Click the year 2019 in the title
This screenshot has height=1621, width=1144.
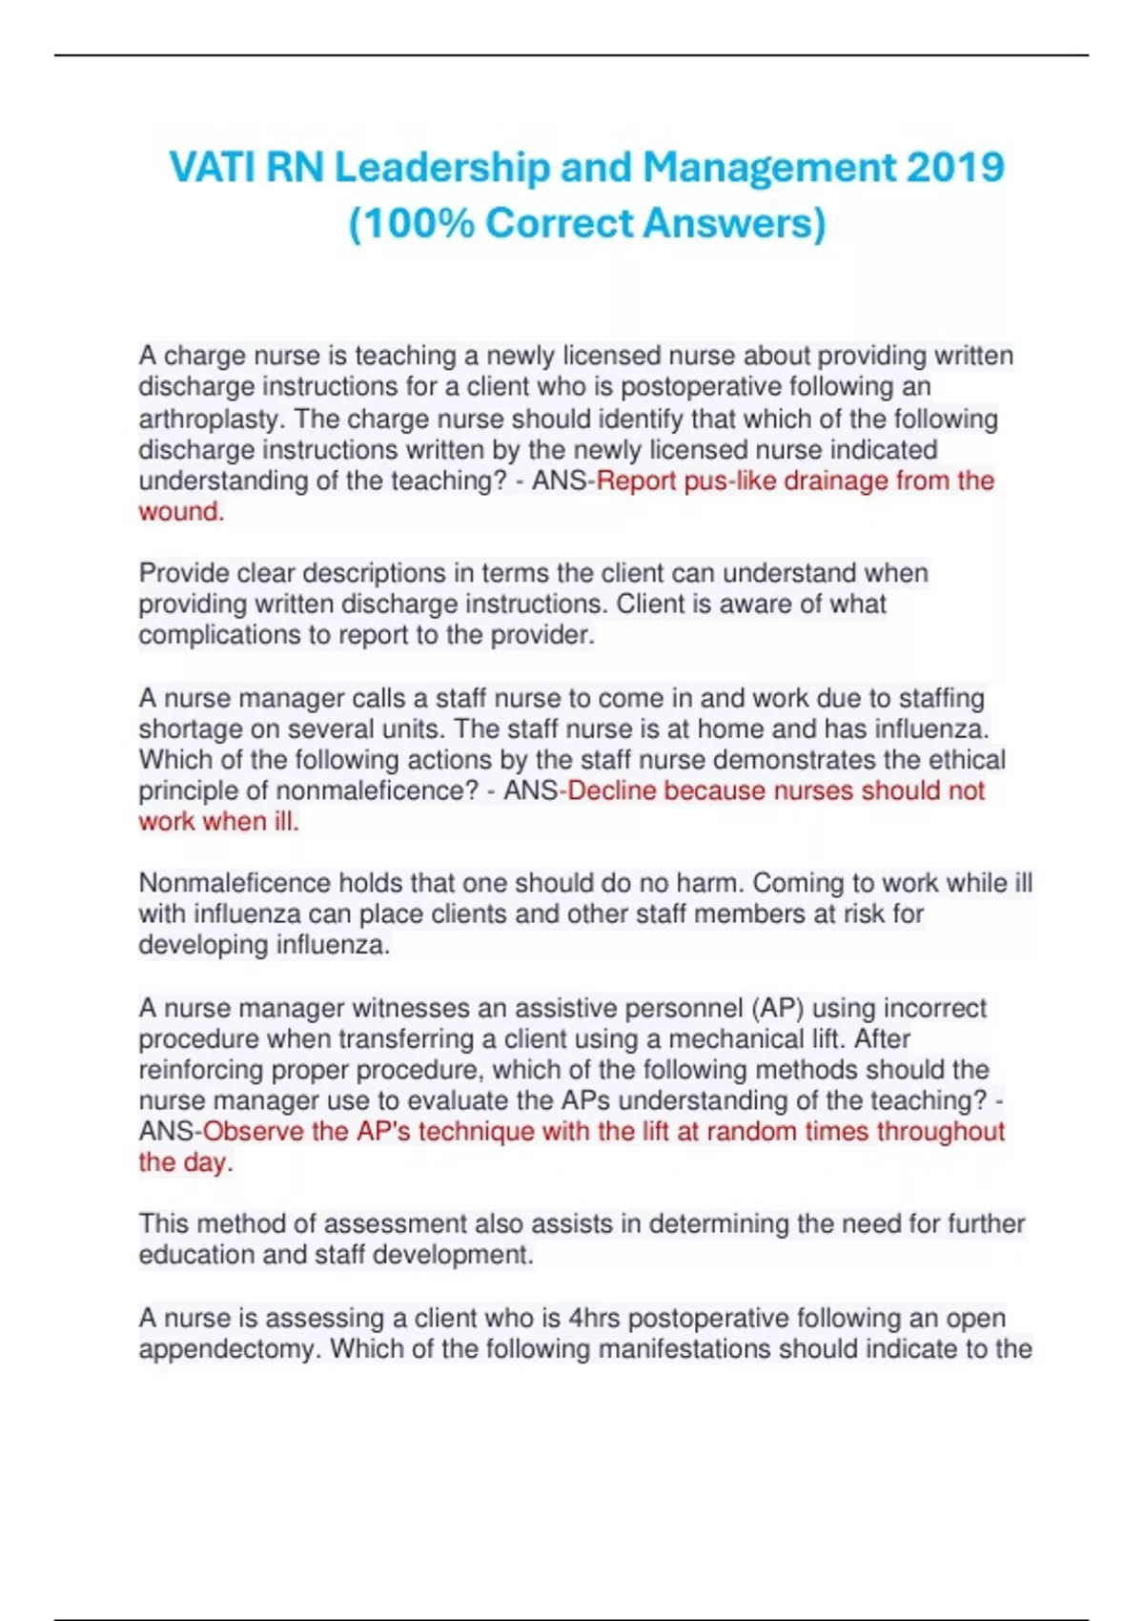click(x=955, y=168)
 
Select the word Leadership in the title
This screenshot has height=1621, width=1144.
click(x=442, y=168)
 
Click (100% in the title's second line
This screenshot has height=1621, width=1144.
click(x=411, y=224)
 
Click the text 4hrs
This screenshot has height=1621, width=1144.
click(x=594, y=1319)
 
